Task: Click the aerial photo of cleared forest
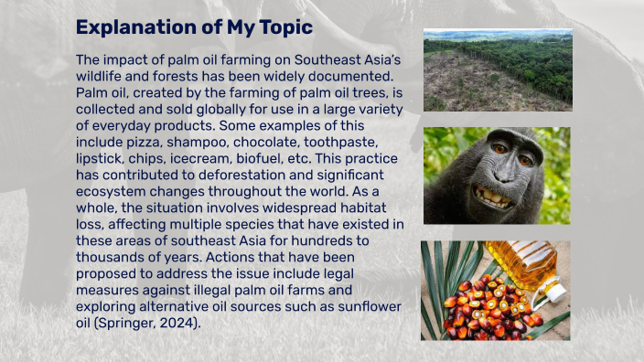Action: click(497, 70)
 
